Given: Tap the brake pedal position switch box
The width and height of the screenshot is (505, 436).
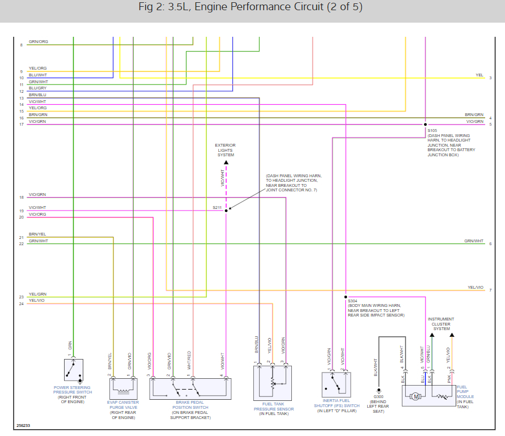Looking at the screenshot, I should coord(190,389).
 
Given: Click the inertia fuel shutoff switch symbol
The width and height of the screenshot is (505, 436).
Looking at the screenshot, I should coord(336,384).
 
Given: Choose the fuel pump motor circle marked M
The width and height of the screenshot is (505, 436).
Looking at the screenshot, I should coord(416,396).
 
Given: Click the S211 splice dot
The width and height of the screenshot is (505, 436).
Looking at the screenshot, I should coord(226,211).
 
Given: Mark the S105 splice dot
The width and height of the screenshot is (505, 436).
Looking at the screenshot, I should coord(425,124).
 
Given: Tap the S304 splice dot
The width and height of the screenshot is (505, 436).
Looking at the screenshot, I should coord(345,296).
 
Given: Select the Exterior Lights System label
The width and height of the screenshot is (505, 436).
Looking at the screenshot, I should coord(226,150).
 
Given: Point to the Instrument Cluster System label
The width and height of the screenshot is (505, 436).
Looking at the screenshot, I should coord(441,324).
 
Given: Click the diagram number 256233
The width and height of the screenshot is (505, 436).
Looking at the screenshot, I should coord(23,425).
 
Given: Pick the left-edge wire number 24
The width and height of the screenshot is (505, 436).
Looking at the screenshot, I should coord(21,304).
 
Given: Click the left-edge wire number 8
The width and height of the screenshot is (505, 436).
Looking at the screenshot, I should coord(22,44).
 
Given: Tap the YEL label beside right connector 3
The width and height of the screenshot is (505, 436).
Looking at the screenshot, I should coord(479,75).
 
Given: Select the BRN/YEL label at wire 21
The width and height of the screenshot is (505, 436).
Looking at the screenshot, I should coord(37,234).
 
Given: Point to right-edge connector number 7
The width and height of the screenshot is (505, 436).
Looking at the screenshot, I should coord(490,290).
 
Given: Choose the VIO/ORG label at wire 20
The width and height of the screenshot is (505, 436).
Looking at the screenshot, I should coord(37,214).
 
